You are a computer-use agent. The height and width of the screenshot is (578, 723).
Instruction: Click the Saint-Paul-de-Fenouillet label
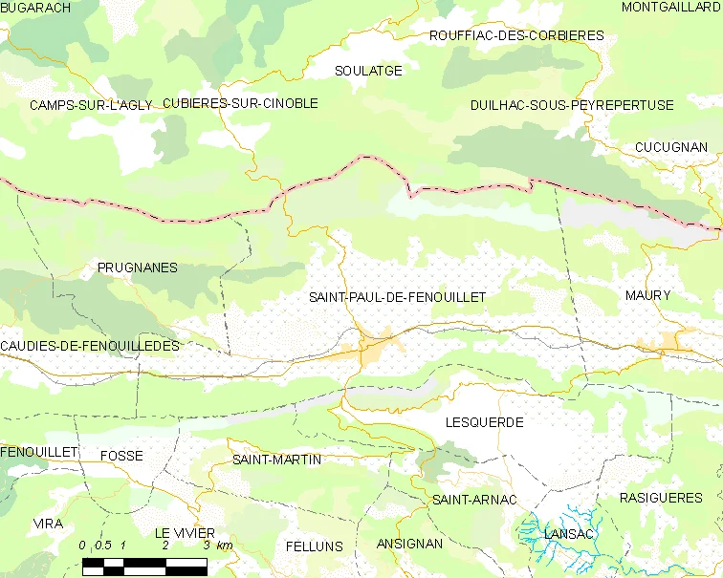397,297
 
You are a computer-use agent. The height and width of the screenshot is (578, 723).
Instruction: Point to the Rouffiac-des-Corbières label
516,35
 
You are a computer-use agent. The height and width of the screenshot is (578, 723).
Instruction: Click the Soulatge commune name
368,71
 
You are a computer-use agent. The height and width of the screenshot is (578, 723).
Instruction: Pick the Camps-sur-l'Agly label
91,105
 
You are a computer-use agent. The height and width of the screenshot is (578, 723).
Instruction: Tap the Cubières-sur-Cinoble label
240,103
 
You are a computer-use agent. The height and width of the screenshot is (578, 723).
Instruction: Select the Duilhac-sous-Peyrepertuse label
572,105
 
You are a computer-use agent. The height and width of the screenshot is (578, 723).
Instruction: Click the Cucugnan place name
670,147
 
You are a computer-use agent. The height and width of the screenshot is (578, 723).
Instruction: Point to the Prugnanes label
138,268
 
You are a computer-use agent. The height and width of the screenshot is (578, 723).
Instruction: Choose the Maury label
647,295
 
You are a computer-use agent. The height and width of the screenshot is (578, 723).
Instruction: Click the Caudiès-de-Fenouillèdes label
90,346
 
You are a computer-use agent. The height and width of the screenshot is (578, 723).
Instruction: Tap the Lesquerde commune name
484,421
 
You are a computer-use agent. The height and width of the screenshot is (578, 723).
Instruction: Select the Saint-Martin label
276,460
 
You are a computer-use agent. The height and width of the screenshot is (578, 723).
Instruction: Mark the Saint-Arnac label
474,500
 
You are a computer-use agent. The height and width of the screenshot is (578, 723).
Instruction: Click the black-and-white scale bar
144,566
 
